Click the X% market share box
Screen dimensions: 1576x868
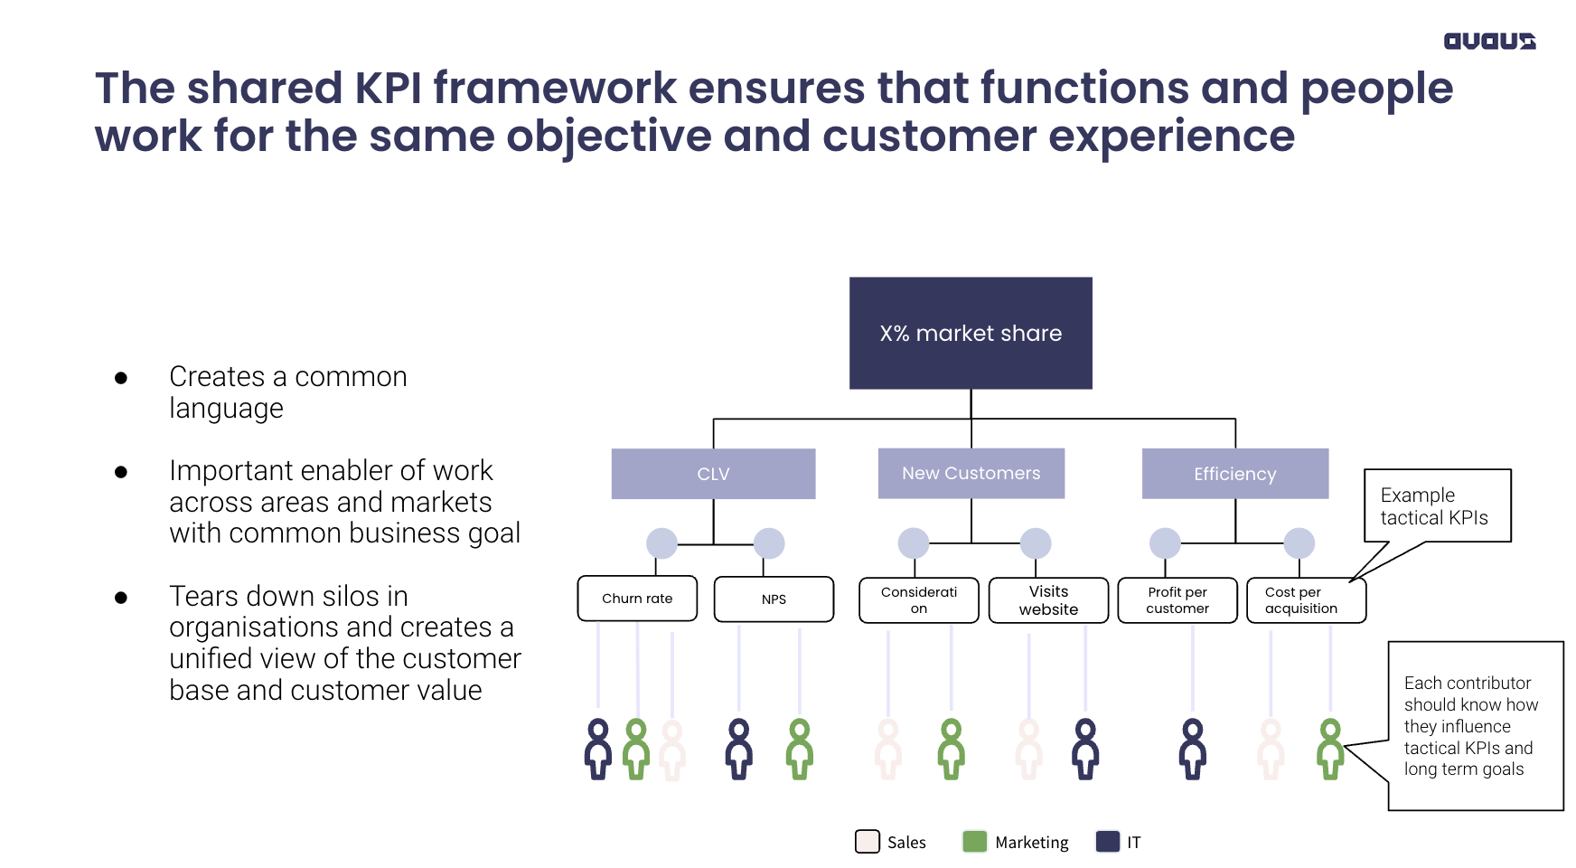pyautogui.click(x=971, y=333)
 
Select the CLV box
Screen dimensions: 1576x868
pyautogui.click(x=713, y=474)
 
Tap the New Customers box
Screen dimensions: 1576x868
pyautogui.click(x=971, y=473)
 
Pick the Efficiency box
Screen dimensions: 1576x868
pyautogui.click(x=1235, y=474)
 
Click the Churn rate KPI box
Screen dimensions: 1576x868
pyautogui.click(x=637, y=599)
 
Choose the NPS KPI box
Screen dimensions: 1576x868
pyautogui.click(x=774, y=599)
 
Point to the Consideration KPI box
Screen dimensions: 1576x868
pyautogui.click(x=919, y=600)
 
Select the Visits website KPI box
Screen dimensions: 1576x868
pyautogui.click(x=1048, y=600)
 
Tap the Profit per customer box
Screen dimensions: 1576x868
pyautogui.click(x=1177, y=600)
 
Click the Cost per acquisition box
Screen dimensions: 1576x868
pyautogui.click(x=1306, y=600)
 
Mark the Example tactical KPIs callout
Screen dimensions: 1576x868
pyautogui.click(x=1437, y=505)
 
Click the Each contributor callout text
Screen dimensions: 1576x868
pyautogui.click(x=1470, y=726)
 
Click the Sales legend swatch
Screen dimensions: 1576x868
pyautogui.click(x=868, y=842)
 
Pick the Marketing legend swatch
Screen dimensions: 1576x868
pyautogui.click(x=975, y=842)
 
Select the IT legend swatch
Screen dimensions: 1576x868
pyautogui.click(x=1108, y=842)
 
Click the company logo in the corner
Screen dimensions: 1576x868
pyautogui.click(x=1489, y=41)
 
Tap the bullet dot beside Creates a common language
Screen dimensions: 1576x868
pyautogui.click(x=121, y=378)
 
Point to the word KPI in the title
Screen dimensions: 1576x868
pyautogui.click(x=388, y=88)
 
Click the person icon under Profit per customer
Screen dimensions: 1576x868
pyautogui.click(x=1193, y=750)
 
